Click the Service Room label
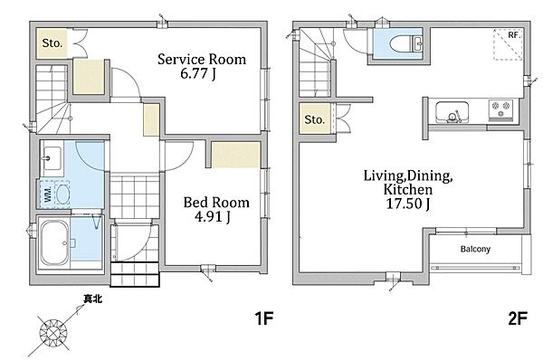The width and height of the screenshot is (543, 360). pyautogui.click(x=202, y=59)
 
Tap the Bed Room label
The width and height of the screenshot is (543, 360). pyautogui.click(x=216, y=203)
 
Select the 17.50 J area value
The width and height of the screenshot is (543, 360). pyautogui.click(x=408, y=204)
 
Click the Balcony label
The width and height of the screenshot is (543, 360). pyautogui.click(x=475, y=249)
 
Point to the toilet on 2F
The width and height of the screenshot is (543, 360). pyautogui.click(x=405, y=44)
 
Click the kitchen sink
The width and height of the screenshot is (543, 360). pyautogui.click(x=452, y=112)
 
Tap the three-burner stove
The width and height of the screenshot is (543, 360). pyautogui.click(x=500, y=109)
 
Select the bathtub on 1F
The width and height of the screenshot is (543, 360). pyautogui.click(x=54, y=242)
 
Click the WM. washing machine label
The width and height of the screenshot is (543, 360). pyautogui.click(x=48, y=194)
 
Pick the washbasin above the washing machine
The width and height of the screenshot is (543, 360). pyautogui.click(x=52, y=158)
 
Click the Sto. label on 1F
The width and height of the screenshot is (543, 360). pyautogui.click(x=52, y=43)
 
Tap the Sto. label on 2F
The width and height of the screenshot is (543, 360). pyautogui.click(x=314, y=119)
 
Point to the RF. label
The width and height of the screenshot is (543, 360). pyautogui.click(x=514, y=35)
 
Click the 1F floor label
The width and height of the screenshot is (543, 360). pyautogui.click(x=264, y=318)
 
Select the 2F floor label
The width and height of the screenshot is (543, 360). pyautogui.click(x=518, y=318)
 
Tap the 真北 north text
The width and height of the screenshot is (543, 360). pyautogui.click(x=93, y=298)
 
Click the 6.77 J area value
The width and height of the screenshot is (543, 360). pyautogui.click(x=198, y=73)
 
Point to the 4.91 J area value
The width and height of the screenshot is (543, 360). pyautogui.click(x=213, y=217)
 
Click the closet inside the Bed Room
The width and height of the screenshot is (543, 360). pyautogui.click(x=236, y=155)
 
